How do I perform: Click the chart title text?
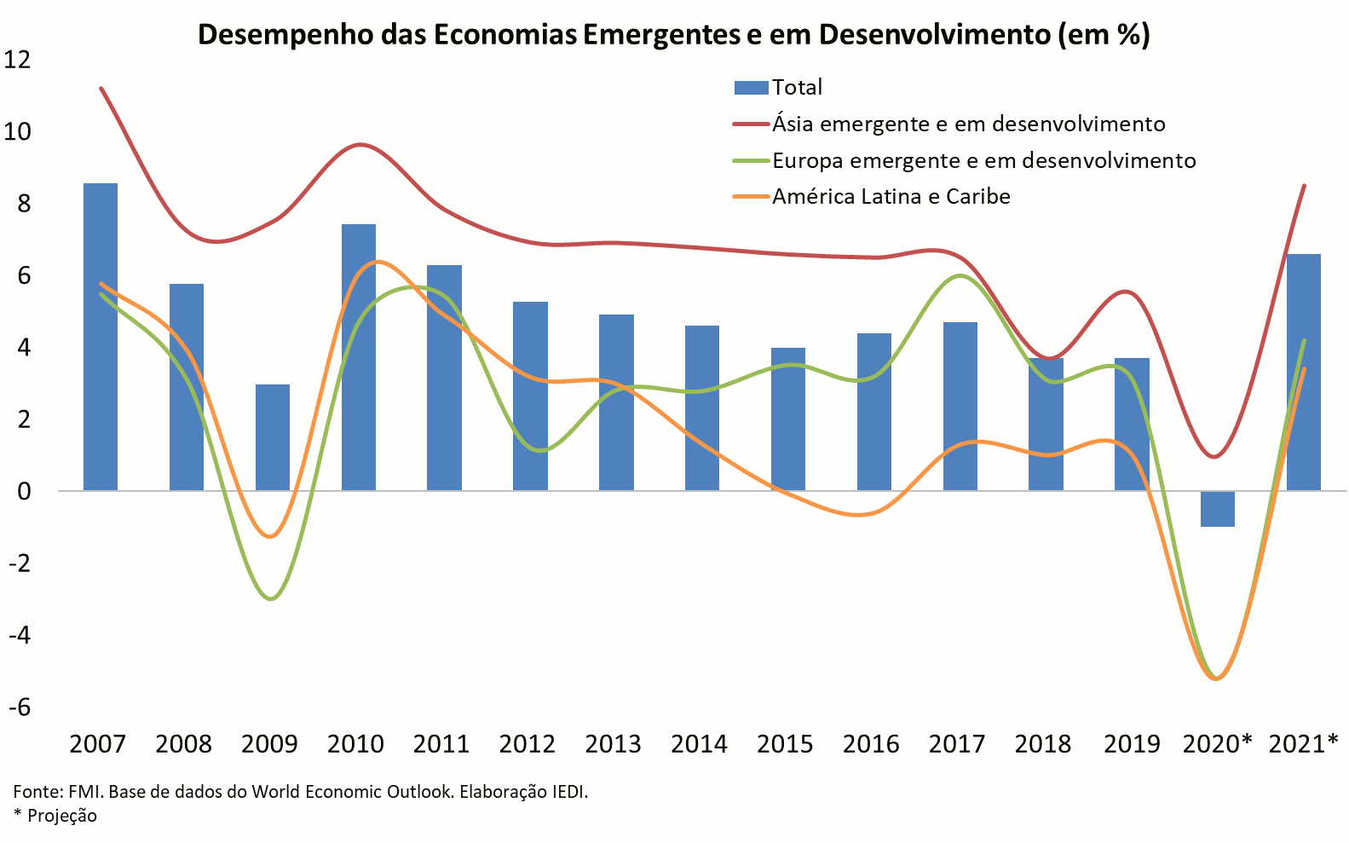point(673,35)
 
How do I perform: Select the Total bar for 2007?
point(101,337)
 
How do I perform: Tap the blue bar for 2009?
point(273,437)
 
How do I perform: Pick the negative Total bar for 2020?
point(1217,509)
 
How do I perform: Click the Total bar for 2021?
point(1303,372)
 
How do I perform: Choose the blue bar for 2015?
point(788,419)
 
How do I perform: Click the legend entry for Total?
point(796,87)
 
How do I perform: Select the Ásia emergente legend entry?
point(968,124)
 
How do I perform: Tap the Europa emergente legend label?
point(983,160)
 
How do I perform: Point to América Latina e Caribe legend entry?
point(891,197)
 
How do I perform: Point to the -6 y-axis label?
point(19,707)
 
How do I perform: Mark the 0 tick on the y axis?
point(23,491)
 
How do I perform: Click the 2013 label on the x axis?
point(613,744)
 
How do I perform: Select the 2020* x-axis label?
point(1217,744)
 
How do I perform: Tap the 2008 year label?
point(183,744)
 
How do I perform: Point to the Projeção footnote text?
point(61,816)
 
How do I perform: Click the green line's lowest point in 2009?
point(272,598)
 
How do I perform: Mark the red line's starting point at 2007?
point(101,88)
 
